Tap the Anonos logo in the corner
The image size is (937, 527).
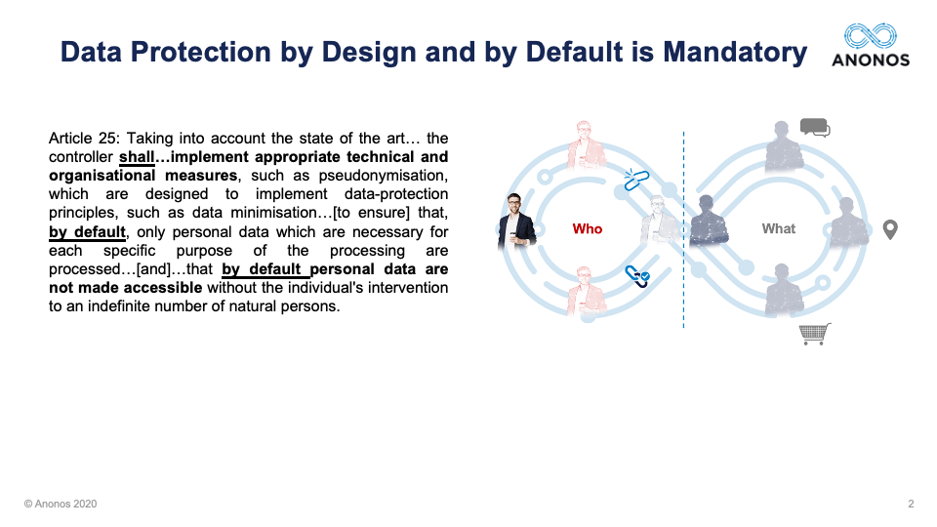(x=871, y=45)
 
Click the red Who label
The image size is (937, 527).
(x=588, y=228)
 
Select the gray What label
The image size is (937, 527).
(x=779, y=228)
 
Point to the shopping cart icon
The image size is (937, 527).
(x=815, y=334)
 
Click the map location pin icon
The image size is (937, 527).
(x=890, y=229)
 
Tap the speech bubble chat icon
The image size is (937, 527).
(x=815, y=128)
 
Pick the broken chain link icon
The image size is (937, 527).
(x=635, y=180)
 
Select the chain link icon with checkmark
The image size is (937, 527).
(x=637, y=276)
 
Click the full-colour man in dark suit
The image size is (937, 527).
(x=515, y=221)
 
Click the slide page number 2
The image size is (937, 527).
(x=911, y=504)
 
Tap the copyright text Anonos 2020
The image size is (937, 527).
(x=61, y=504)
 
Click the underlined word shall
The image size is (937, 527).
(x=137, y=157)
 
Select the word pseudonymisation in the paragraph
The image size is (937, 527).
(x=383, y=176)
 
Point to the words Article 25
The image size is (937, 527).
(x=84, y=138)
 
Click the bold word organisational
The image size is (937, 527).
(x=102, y=176)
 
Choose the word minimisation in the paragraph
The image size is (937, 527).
(x=280, y=213)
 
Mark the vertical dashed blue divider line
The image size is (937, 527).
(x=683, y=229)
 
